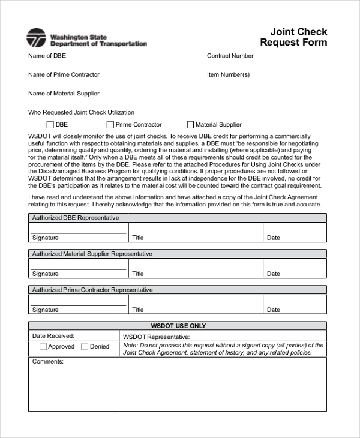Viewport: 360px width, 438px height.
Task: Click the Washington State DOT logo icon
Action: (x=36, y=38)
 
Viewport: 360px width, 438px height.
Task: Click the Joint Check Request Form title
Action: (x=294, y=37)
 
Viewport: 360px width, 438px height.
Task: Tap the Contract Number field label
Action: (x=230, y=56)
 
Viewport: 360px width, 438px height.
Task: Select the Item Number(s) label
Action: (x=228, y=74)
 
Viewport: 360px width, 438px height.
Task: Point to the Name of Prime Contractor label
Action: (x=64, y=74)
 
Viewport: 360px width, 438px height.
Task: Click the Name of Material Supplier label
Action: (x=64, y=94)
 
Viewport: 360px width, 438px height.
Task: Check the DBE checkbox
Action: (x=50, y=125)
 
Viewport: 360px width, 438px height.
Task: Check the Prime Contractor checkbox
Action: (x=110, y=125)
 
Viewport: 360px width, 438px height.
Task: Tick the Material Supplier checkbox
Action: (x=190, y=125)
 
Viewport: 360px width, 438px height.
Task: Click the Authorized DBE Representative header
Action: (x=76, y=218)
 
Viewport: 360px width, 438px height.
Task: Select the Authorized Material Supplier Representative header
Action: (x=92, y=254)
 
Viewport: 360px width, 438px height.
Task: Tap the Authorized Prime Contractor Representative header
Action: (x=92, y=290)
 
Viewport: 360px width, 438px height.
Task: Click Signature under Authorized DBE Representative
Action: (x=46, y=238)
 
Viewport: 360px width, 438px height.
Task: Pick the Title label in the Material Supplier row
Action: (x=138, y=274)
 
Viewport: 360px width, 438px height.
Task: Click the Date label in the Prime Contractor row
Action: (x=274, y=310)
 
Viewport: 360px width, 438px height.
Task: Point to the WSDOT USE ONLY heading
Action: (x=178, y=326)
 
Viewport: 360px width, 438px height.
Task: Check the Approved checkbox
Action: (x=43, y=346)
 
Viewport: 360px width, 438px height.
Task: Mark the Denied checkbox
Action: (x=85, y=346)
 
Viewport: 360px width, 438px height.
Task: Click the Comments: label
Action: (x=48, y=362)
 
